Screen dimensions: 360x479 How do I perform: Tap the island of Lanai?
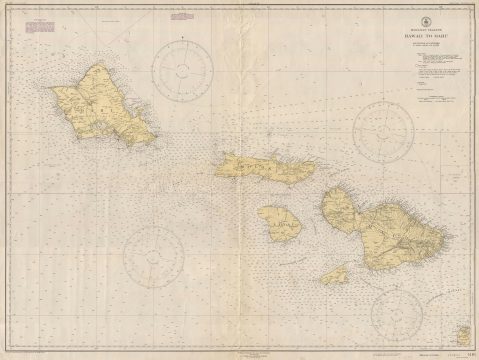coord(280,228)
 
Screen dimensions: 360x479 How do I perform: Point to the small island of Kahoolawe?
coord(335,273)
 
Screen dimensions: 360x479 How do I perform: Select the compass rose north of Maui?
coord(385,130)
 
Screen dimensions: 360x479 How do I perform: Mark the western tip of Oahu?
coord(53,91)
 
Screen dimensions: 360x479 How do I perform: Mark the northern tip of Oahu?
coord(97,63)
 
